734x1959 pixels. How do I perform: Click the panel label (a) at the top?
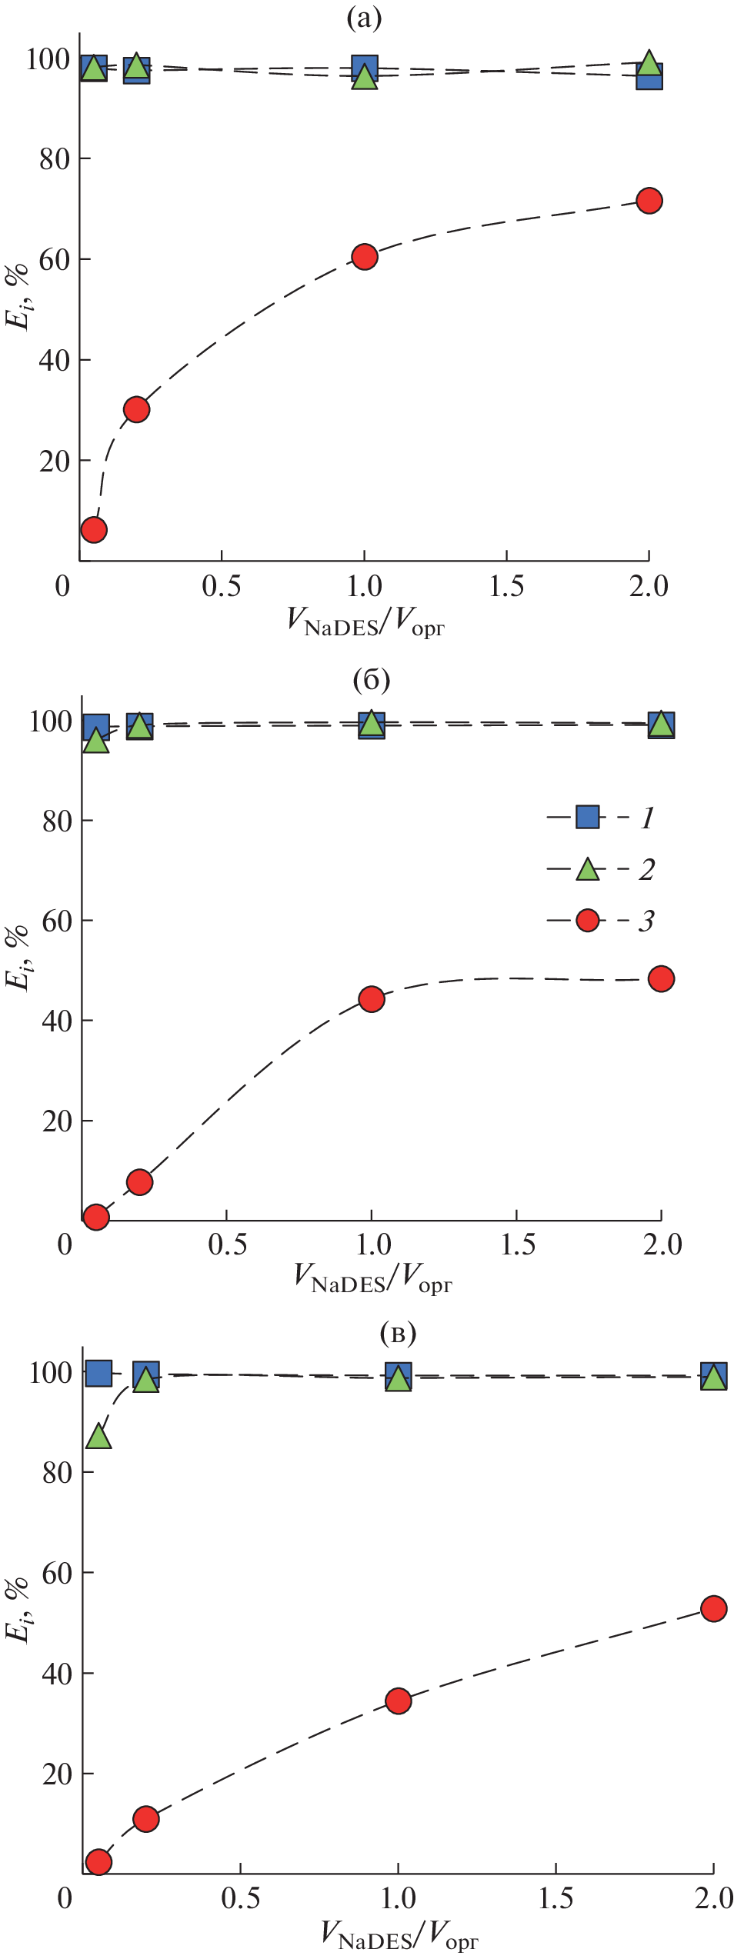tap(364, 17)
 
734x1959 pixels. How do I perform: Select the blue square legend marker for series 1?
tap(588, 817)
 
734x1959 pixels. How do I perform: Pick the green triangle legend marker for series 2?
tap(588, 869)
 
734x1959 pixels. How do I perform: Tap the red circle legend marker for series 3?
tap(588, 920)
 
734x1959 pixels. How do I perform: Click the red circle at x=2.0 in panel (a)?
tap(649, 201)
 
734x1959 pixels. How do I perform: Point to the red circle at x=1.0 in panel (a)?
tap(365, 257)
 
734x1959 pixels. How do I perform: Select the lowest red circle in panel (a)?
tap(94, 529)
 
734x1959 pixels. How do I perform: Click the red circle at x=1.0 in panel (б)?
tap(372, 999)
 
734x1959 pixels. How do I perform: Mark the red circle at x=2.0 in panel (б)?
tap(661, 978)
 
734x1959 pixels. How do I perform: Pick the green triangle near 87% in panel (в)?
tap(98, 1435)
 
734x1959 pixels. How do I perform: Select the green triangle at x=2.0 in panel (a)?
tap(649, 62)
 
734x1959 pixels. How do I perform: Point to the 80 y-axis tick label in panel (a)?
tap(55, 159)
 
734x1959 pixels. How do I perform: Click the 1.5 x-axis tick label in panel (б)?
tap(518, 1244)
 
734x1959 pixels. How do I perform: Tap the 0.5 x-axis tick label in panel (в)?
tap(240, 1897)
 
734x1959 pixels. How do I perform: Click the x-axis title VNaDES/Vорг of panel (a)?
tap(365, 621)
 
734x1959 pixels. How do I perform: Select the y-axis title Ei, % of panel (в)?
tap(17, 1608)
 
